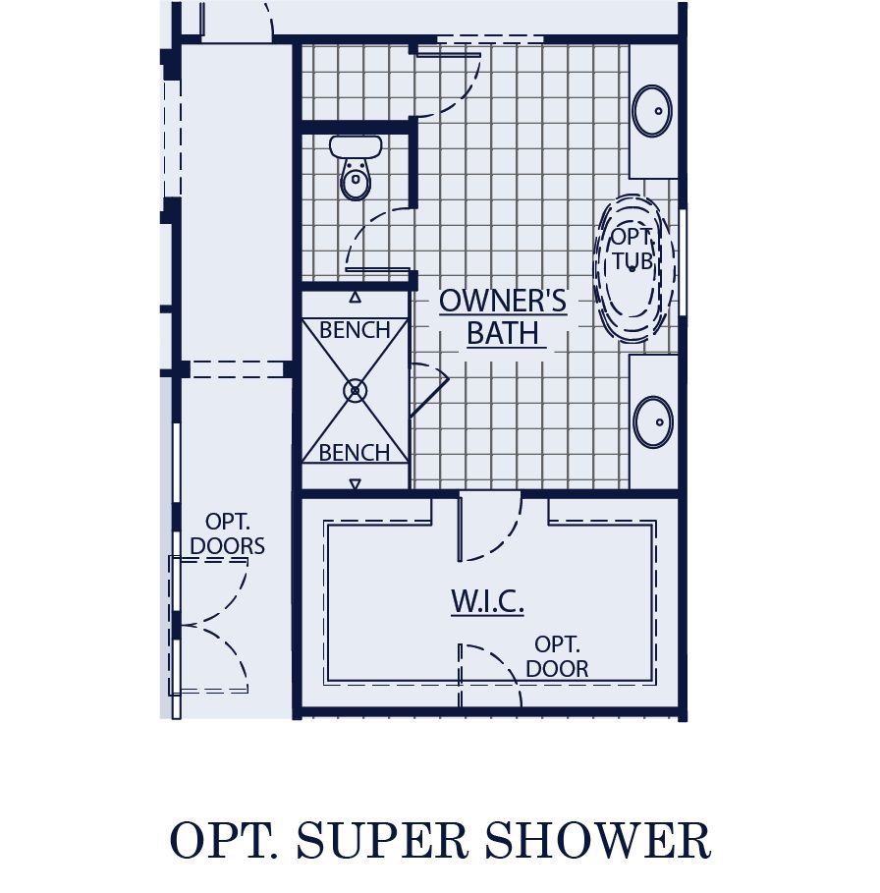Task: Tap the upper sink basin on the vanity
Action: (652, 110)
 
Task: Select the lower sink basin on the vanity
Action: (652, 422)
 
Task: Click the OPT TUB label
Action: (632, 250)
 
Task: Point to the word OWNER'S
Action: (503, 301)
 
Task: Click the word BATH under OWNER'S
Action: (503, 334)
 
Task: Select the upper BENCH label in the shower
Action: (355, 330)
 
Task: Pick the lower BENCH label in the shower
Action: (355, 453)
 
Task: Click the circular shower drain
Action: (355, 391)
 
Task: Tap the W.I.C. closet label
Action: (487, 602)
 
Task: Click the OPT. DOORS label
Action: (228, 533)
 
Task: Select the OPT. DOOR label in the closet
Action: (557, 657)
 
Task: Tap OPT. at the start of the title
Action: (221, 842)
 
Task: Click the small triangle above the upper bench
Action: (356, 296)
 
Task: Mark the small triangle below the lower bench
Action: (356, 483)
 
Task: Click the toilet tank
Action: (355, 147)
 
